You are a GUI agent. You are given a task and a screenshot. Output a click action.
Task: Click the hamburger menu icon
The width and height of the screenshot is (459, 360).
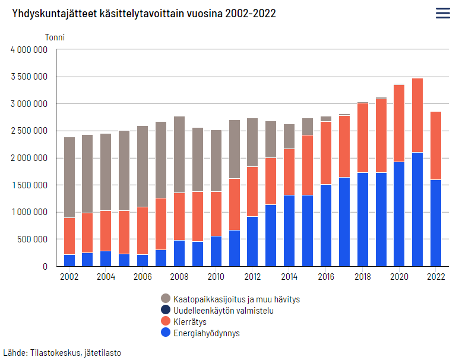pyautogui.click(x=442, y=13)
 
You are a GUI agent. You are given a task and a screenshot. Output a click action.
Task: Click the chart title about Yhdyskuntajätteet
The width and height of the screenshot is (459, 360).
pyautogui.click(x=144, y=14)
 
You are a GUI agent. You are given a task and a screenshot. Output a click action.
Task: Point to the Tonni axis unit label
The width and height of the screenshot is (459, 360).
pyautogui.click(x=55, y=37)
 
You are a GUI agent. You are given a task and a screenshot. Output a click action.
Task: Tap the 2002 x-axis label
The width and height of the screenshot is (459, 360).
pyautogui.click(x=69, y=276)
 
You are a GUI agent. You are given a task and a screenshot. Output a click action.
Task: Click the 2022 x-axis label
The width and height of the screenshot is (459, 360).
pyautogui.click(x=436, y=276)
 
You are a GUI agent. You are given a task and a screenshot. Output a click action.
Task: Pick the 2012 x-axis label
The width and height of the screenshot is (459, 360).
pyautogui.click(x=252, y=276)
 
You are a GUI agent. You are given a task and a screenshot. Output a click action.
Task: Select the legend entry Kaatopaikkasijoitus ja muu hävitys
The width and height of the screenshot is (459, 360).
pyautogui.click(x=236, y=299)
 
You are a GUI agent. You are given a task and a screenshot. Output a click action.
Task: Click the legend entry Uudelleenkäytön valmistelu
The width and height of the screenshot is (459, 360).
pyautogui.click(x=223, y=311)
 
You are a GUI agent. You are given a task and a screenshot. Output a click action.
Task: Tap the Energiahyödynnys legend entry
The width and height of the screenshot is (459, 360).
pyautogui.click(x=206, y=333)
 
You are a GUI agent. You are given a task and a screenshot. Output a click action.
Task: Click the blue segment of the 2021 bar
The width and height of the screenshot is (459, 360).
pyautogui.click(x=417, y=209)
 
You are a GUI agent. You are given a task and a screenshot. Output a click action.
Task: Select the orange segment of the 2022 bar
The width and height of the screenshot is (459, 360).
pyautogui.click(x=436, y=146)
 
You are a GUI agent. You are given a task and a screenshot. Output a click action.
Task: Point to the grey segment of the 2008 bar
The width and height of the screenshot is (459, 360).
pyautogui.click(x=179, y=154)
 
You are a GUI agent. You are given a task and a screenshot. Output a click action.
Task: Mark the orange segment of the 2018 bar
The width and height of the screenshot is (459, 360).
pyautogui.click(x=362, y=138)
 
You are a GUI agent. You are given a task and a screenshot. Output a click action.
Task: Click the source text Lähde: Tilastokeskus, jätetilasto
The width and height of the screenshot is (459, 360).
pyautogui.click(x=62, y=352)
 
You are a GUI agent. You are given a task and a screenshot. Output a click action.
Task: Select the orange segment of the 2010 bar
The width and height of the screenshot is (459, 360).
pyautogui.click(x=216, y=214)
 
